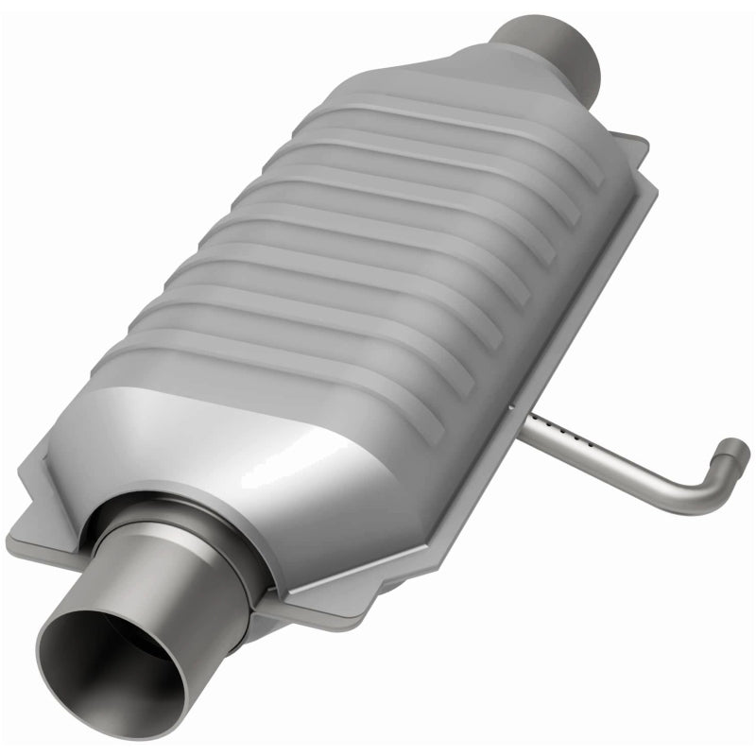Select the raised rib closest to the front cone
[x=283, y=378]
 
